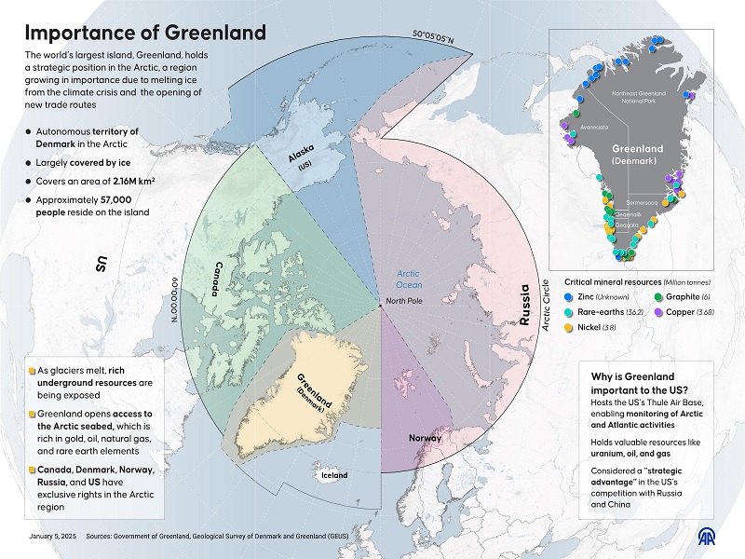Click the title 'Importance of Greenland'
(145, 33)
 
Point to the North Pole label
(406, 301)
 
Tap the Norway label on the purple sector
(424, 436)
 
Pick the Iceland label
(332, 475)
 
